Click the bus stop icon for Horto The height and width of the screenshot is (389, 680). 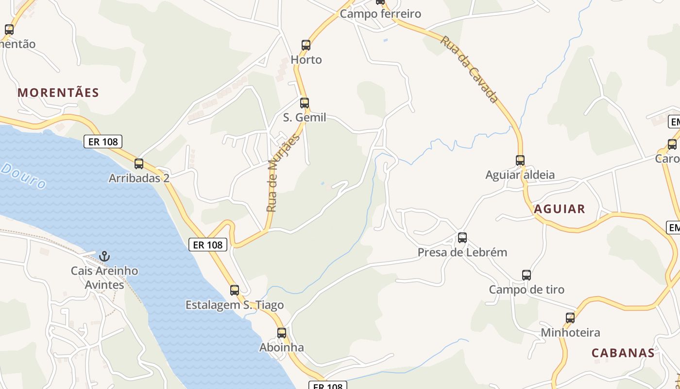pos(306,45)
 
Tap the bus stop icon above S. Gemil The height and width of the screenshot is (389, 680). pos(305,103)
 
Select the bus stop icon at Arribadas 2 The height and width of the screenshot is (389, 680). pos(139,164)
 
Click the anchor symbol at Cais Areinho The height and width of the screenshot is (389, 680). pos(104,256)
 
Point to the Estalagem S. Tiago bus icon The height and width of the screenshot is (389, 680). pos(235,290)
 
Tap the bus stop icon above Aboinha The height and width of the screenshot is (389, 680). pos(282,333)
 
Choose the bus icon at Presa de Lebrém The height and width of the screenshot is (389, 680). pos(462,238)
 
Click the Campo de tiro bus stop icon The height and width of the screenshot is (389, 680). pos(527,275)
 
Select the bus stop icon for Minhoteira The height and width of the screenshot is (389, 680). pos(570,318)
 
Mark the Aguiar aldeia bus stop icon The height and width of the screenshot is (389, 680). pos(520,160)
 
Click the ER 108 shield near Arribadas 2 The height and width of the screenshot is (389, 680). pos(103,141)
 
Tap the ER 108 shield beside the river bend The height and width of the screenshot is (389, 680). pos(208,245)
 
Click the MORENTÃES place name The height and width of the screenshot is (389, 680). pos(58,92)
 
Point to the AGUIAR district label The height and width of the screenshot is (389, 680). pos(560,209)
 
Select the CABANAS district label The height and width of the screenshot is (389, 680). pos(623,353)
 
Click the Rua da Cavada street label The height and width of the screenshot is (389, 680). pos(469,69)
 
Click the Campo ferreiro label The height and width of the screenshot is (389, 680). pos(380,14)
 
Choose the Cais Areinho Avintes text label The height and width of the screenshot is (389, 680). pos(104,278)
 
